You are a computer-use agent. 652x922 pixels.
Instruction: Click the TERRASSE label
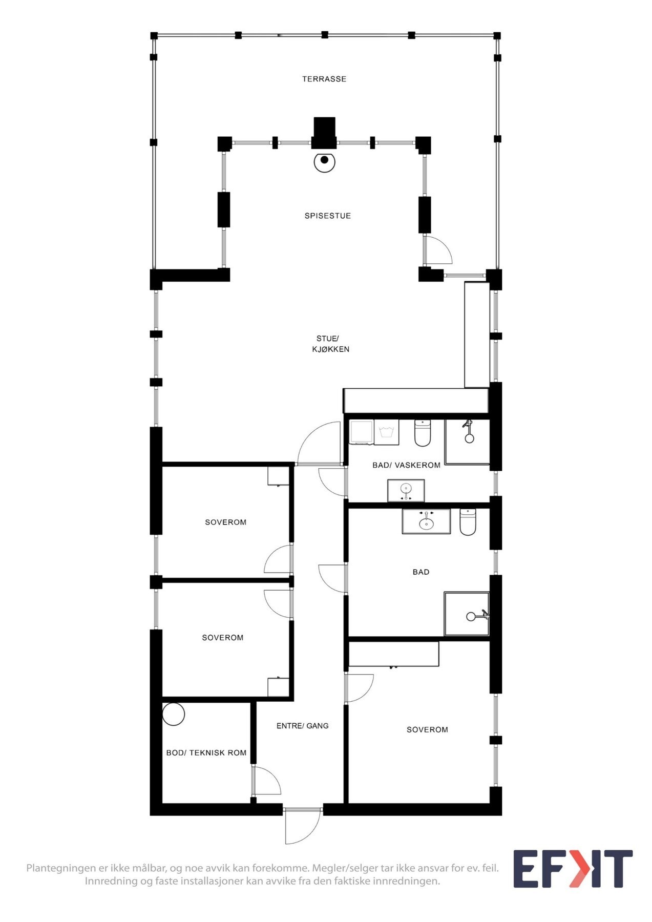324,79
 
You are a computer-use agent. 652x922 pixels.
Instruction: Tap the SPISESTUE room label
327,216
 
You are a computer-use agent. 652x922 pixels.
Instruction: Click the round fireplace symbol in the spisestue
324,161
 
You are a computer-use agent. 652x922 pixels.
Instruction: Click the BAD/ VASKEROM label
406,465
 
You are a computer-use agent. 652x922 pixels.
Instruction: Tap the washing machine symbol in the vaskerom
387,432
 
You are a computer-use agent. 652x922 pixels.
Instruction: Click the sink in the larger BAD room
426,521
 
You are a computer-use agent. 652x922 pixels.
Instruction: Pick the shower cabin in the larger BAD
467,614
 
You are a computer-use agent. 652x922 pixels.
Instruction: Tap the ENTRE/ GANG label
302,726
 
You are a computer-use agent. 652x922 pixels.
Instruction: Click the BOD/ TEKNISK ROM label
206,753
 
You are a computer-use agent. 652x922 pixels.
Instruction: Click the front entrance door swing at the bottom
302,826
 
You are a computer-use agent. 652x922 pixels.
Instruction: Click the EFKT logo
573,869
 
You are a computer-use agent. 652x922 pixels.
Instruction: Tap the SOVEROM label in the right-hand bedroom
427,729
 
